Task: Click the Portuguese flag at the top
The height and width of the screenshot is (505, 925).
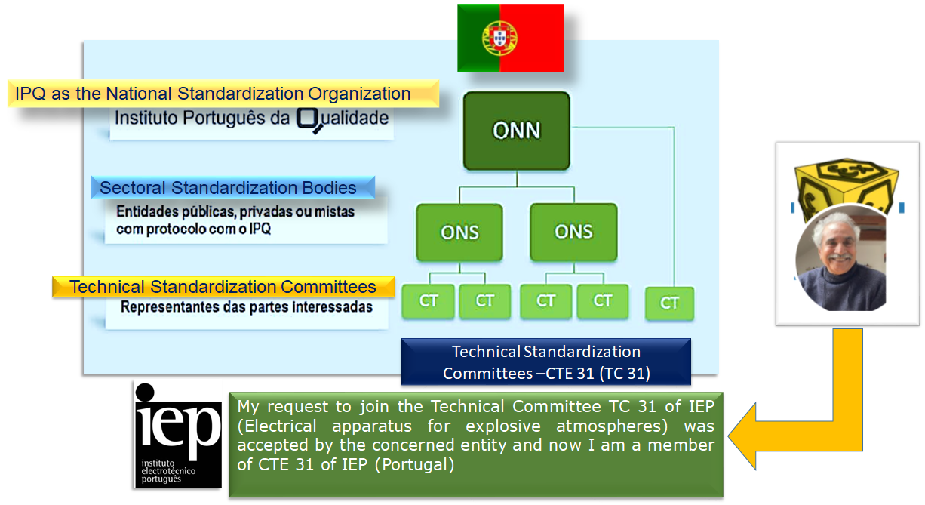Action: [x=511, y=38]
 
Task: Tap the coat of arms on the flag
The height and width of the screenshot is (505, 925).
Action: [x=499, y=37]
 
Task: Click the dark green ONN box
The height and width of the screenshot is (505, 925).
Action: [x=517, y=131]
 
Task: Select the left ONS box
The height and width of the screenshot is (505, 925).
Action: [x=459, y=232]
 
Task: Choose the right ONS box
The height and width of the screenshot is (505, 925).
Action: [x=573, y=231]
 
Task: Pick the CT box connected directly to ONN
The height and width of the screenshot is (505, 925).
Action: [x=669, y=303]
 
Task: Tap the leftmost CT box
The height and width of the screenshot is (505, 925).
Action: [x=429, y=301]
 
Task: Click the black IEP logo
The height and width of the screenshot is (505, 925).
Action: [x=178, y=434]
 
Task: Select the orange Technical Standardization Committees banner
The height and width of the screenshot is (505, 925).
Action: [x=223, y=287]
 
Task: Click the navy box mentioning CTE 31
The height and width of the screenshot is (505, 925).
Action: [x=545, y=362]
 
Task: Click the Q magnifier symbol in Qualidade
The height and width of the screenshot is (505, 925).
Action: [x=309, y=119]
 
